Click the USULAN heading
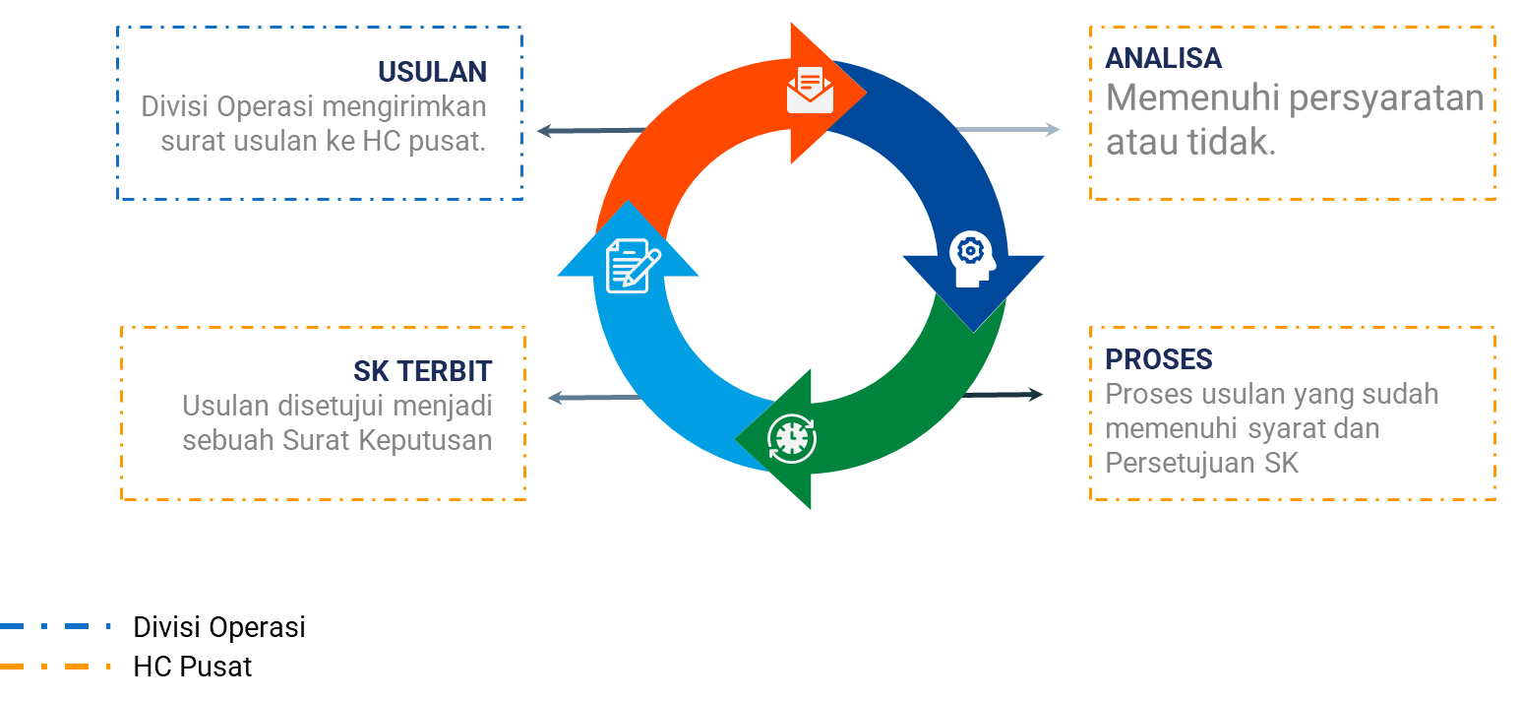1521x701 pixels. point(432,72)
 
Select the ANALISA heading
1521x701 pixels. point(1163,58)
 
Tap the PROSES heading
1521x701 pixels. point(1158,359)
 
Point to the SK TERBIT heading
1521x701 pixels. point(422,371)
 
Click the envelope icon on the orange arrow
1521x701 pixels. point(810,91)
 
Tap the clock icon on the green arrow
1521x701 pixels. point(792,438)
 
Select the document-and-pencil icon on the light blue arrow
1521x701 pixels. point(632,266)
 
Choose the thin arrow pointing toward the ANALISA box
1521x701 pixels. point(1008,129)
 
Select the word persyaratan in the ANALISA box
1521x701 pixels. point(1385,99)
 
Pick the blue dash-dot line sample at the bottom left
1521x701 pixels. point(55,626)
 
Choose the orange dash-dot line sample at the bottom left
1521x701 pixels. point(55,667)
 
